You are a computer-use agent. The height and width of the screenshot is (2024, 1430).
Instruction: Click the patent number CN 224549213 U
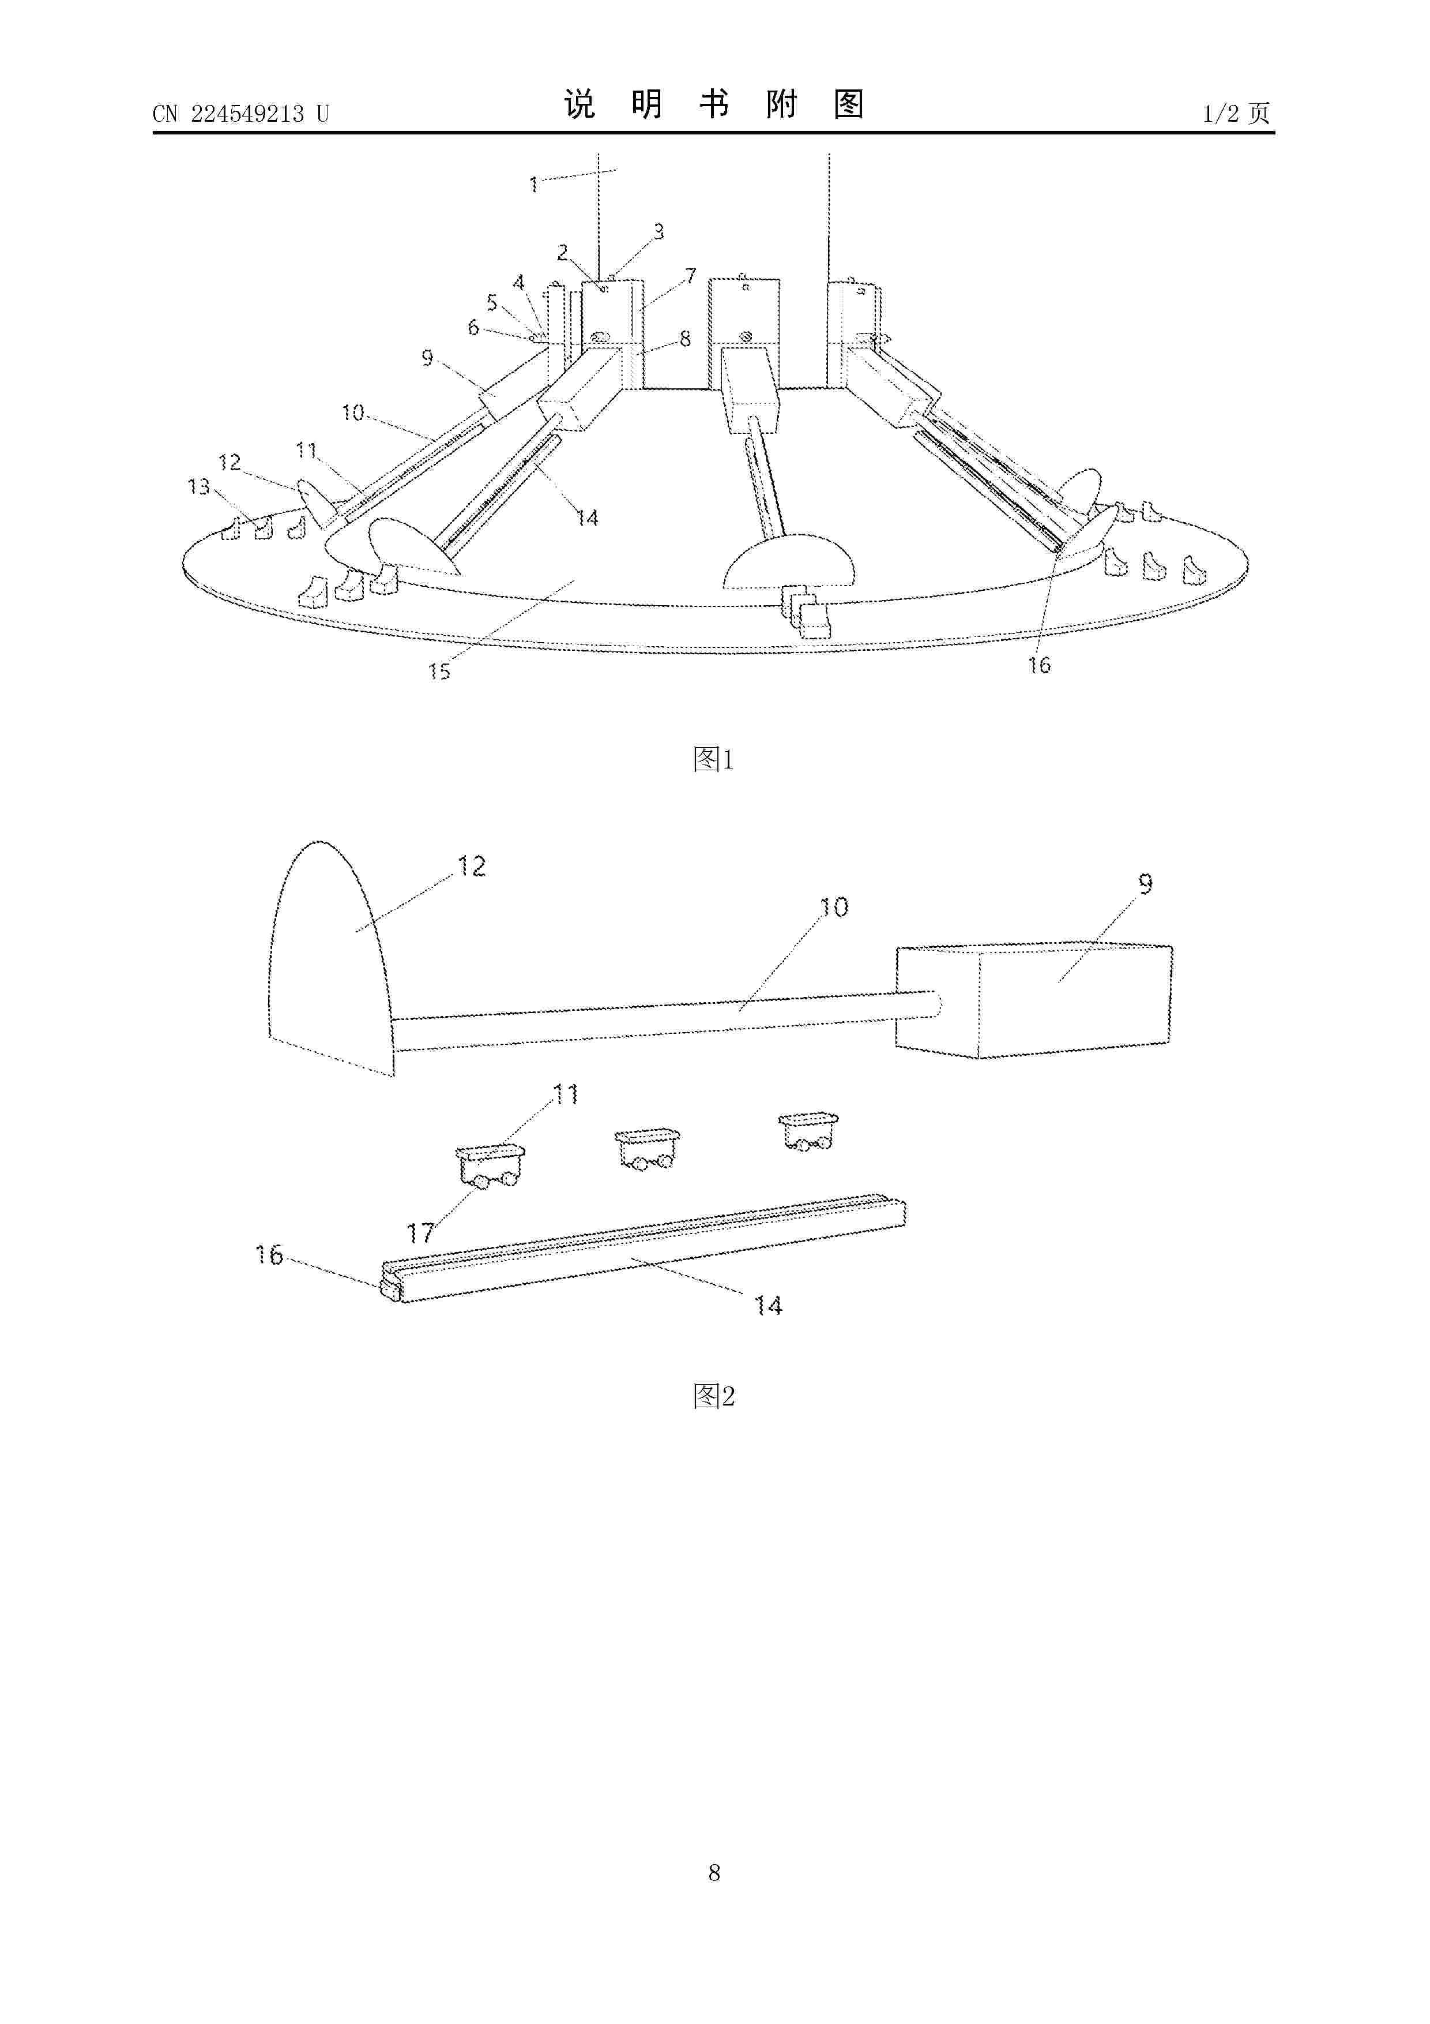click(240, 114)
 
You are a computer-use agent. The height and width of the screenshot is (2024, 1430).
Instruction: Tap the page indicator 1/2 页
click(1237, 113)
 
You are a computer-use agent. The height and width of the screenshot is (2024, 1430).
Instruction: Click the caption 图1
click(714, 759)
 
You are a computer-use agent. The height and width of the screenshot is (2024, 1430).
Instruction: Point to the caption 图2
click(714, 1396)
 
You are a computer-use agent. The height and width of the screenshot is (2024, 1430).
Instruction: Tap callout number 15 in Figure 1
click(439, 672)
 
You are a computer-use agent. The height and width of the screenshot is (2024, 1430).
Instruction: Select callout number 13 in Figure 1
click(199, 486)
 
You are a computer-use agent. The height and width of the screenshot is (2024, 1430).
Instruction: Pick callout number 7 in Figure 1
click(691, 276)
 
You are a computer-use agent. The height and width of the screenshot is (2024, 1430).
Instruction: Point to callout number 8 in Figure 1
click(686, 339)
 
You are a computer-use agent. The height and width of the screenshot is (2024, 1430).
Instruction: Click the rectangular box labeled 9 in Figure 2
click(1033, 1002)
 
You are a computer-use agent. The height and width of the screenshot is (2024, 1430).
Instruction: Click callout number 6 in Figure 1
click(473, 328)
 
